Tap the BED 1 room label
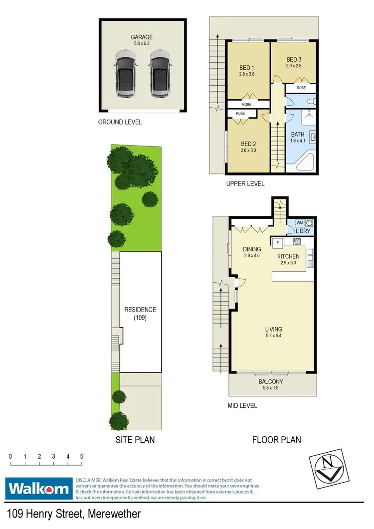click(247, 68)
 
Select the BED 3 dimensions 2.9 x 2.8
click(294, 65)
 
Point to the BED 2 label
click(248, 144)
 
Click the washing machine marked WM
click(299, 224)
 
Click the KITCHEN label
click(288, 256)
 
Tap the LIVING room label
click(274, 329)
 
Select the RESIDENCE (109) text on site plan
click(140, 314)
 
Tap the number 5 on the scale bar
click(81, 456)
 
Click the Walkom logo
click(38, 488)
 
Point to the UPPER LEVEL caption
click(245, 184)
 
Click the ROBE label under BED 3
click(301, 88)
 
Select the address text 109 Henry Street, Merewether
click(74, 514)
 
